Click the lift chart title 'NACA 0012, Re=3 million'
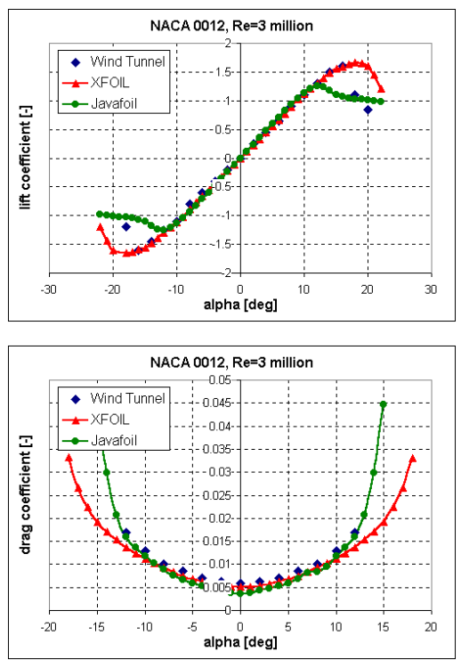pyautogui.click(x=239, y=26)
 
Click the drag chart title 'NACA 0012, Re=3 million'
pyautogui.click(x=239, y=363)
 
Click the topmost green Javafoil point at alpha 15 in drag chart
pyautogui.click(x=384, y=404)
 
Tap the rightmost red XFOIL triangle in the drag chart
pyautogui.click(x=412, y=458)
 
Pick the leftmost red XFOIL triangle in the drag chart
pyautogui.click(x=69, y=458)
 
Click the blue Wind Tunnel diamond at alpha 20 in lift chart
pyautogui.click(x=368, y=110)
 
